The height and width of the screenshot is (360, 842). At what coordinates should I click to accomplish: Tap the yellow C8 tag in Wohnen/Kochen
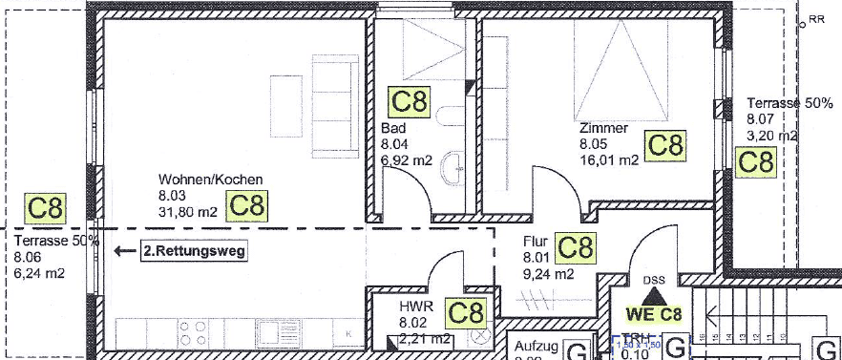coord(246,205)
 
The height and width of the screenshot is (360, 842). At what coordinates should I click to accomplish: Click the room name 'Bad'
coord(392,129)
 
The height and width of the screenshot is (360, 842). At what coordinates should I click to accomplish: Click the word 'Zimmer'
coord(602,128)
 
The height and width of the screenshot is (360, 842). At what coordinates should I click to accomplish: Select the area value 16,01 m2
coord(608,160)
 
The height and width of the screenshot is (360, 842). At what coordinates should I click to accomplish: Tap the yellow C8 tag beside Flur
coord(575,247)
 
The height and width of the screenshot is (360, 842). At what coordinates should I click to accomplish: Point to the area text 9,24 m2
coord(548,274)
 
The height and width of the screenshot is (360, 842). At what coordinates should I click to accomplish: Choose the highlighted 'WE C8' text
coord(654,313)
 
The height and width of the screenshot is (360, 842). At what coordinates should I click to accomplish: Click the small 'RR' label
coord(816,18)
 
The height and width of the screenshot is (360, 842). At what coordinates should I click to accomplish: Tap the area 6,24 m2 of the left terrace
coord(39,273)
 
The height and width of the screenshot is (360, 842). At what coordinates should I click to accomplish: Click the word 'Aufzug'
coord(535,348)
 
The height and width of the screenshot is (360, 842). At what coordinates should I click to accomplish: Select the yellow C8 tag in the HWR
coord(467,312)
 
